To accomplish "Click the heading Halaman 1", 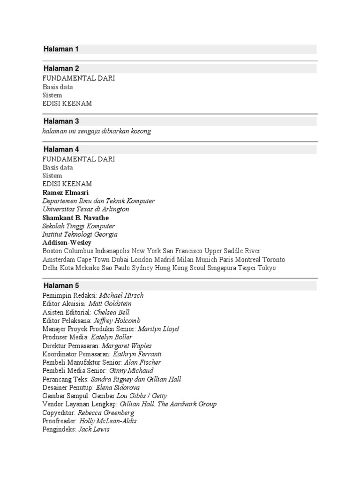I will click(x=61, y=49).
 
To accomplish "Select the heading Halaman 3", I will click(x=61, y=121).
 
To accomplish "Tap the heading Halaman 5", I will click(x=61, y=285).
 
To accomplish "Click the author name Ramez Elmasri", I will click(x=66, y=193).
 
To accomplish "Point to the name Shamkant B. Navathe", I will click(x=75, y=218).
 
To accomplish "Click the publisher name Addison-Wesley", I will click(x=67, y=243).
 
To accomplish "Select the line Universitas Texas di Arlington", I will click(x=86, y=209).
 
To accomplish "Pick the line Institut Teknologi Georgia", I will click(x=80, y=234).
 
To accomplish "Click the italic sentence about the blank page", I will click(x=97, y=131).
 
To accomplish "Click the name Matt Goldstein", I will click(x=113, y=304).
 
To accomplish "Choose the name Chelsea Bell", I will click(x=112, y=312).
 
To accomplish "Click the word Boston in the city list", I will click(x=53, y=251).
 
